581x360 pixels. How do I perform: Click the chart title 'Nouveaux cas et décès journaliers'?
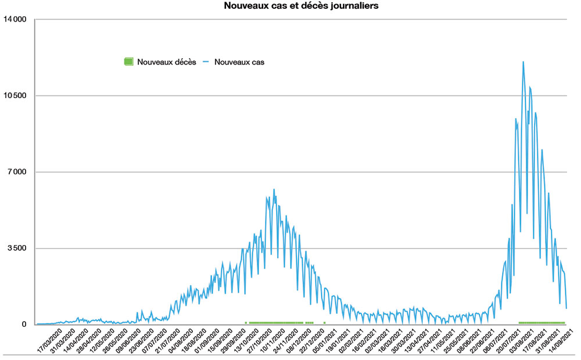point(302,6)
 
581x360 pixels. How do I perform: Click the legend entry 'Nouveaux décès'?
point(166,62)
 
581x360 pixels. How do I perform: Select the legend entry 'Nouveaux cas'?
point(239,62)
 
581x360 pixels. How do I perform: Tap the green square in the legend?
point(128,61)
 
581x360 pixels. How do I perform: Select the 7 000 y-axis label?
point(17,172)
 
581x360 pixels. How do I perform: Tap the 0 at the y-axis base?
point(24,325)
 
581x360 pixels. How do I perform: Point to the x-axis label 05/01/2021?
point(324,340)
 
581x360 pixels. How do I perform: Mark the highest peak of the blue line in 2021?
point(523,62)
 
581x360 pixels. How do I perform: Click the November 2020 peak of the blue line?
point(274,189)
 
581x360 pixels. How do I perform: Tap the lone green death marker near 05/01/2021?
point(324,322)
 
